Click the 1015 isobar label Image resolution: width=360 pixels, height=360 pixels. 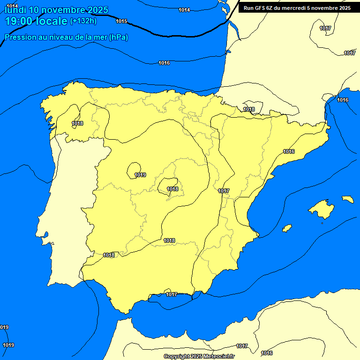(121, 21)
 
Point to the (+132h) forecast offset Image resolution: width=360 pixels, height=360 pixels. (83, 21)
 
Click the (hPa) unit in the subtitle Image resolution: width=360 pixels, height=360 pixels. (119, 37)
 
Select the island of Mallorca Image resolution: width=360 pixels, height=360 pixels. (322, 209)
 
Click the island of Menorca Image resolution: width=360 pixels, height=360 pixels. (347, 199)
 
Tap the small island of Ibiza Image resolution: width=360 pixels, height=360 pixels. (287, 228)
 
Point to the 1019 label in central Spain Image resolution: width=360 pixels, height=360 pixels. (140, 175)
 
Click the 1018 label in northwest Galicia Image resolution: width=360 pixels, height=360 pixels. (78, 123)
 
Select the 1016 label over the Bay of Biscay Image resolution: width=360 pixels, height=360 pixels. (164, 63)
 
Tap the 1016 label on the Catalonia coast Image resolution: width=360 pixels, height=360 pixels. (289, 151)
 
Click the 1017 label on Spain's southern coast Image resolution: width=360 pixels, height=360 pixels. (172, 294)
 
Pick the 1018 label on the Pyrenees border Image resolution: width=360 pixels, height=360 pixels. (249, 109)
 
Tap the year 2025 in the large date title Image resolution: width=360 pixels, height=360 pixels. (93, 10)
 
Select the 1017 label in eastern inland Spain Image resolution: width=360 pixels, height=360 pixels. (224, 191)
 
